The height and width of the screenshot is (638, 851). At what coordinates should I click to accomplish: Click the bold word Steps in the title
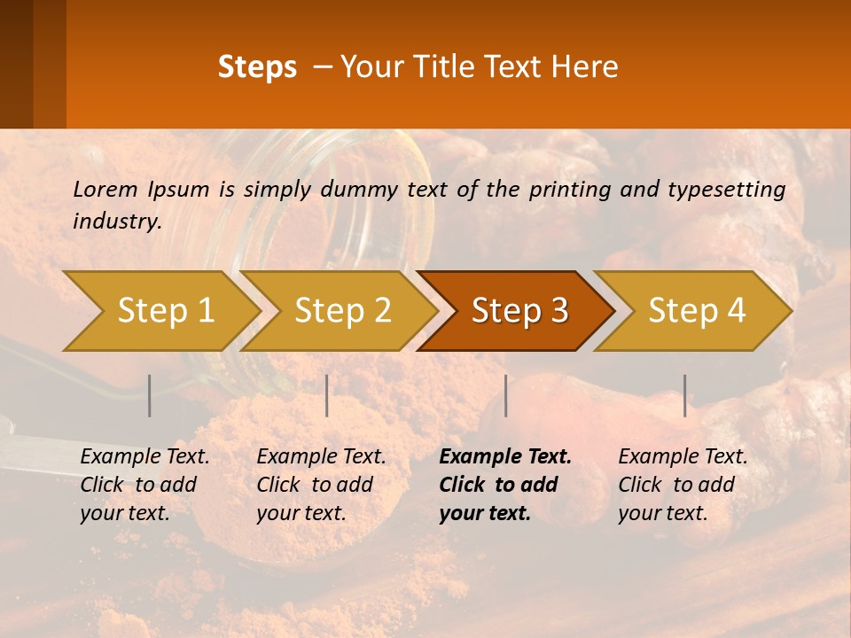click(x=257, y=67)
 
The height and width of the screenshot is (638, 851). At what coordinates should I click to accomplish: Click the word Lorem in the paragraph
click(x=105, y=189)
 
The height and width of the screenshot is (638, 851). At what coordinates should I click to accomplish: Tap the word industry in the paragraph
click(x=116, y=221)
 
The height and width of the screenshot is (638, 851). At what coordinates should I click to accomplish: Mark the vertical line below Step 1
click(x=150, y=395)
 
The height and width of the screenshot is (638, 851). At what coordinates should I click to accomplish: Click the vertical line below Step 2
click(x=327, y=395)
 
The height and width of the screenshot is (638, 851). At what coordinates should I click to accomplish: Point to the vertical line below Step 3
click(x=505, y=395)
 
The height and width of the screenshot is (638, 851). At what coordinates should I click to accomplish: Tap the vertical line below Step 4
click(x=684, y=395)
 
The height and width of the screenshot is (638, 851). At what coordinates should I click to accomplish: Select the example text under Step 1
click(x=144, y=485)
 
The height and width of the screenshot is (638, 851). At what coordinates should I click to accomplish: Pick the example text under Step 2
click(x=321, y=485)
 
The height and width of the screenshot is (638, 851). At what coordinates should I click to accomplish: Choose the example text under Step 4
click(x=683, y=485)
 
